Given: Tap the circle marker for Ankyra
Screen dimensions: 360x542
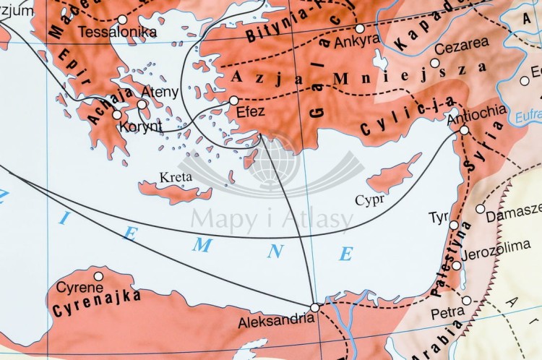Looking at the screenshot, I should [360, 28].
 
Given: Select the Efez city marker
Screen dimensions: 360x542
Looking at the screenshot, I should [234, 100].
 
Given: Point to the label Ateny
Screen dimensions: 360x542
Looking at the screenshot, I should [157, 92].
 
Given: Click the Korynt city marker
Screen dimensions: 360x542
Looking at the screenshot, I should [117, 114].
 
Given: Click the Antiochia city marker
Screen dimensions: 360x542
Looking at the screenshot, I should [464, 130].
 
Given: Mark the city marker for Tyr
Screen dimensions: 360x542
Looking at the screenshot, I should [454, 226].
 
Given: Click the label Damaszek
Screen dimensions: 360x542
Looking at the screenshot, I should [513, 216].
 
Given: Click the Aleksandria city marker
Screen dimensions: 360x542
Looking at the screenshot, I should [314, 308].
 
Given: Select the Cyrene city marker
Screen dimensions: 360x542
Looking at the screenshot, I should [98, 275].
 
